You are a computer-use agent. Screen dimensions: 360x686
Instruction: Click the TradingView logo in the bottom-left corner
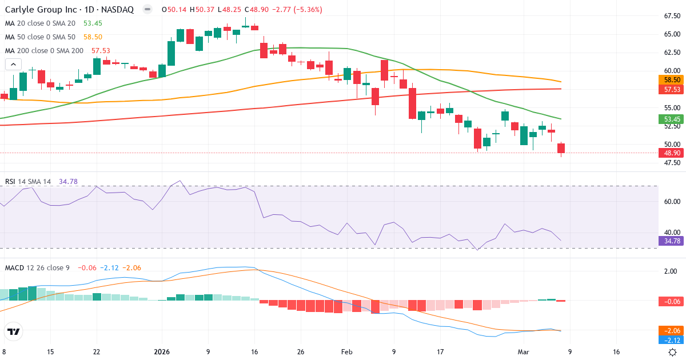pos(14,331)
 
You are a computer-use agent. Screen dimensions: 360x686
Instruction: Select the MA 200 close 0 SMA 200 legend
pos(44,51)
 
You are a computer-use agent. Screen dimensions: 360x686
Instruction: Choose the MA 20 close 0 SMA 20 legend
pos(40,23)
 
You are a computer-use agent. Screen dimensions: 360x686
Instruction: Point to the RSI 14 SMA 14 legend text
pos(28,182)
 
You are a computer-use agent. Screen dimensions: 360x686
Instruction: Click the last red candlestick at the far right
pos(561,148)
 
